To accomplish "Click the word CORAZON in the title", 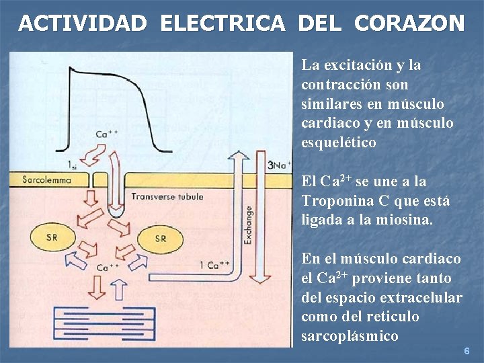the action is (x=409, y=24).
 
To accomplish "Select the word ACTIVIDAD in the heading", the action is (x=83, y=24).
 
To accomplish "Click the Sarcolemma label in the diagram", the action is (x=47, y=179).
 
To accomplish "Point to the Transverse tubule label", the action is (x=167, y=197).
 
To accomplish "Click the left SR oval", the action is (x=52, y=237).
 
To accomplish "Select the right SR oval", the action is (x=160, y=238).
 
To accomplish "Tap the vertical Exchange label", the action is (x=248, y=225).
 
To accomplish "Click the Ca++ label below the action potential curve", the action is (x=107, y=134).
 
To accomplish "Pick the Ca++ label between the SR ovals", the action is (x=107, y=268).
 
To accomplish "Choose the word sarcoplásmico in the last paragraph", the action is (x=350, y=336).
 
